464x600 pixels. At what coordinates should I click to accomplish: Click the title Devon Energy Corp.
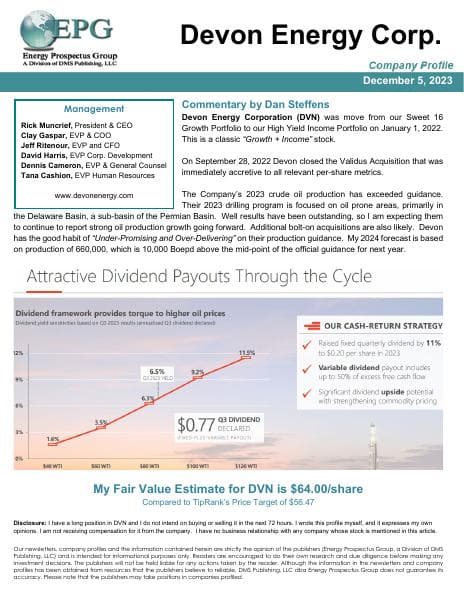pos(310,37)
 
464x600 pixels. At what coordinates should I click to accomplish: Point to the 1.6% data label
pos(52,438)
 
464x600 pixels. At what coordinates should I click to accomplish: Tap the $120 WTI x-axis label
pos(246,466)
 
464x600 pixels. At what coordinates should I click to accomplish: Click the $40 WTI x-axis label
pos(50,466)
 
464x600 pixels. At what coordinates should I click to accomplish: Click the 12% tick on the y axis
pos(17,354)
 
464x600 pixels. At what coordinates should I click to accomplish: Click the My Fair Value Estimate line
pos(232,490)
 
